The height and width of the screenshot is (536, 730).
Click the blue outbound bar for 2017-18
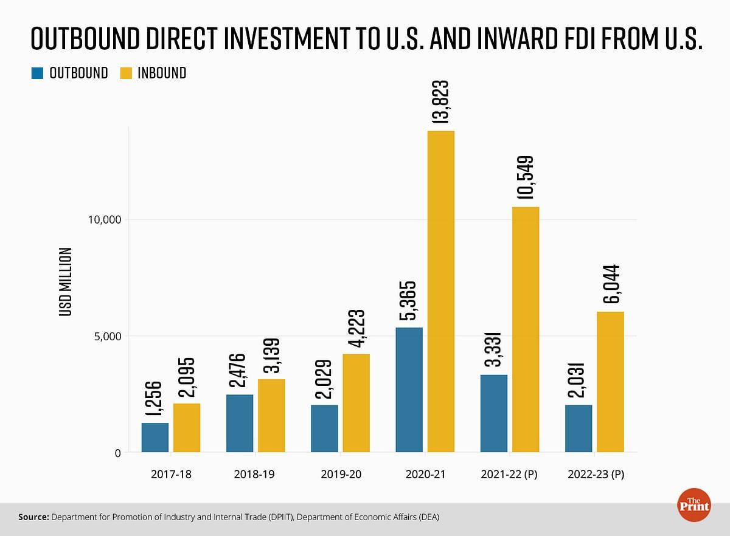pyautogui.click(x=155, y=438)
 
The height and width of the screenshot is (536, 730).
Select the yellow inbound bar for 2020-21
pyautogui.click(x=441, y=292)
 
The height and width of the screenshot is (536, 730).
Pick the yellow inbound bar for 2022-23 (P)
pyautogui.click(x=610, y=382)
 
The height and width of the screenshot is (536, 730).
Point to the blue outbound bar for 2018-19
pyautogui.click(x=240, y=424)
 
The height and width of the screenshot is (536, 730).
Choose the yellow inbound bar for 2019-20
pyautogui.click(x=356, y=404)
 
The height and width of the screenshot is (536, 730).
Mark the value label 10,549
pyautogui.click(x=526, y=178)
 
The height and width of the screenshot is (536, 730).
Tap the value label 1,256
pyautogui.click(x=155, y=400)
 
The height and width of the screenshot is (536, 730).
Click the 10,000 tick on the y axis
pyautogui.click(x=105, y=219)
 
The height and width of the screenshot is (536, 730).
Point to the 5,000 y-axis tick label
pyautogui.click(x=108, y=336)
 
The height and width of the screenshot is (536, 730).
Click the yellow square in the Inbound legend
pyautogui.click(x=126, y=74)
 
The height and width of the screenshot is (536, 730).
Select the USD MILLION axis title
pyautogui.click(x=65, y=281)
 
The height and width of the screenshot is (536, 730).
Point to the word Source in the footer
pyautogui.click(x=33, y=517)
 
